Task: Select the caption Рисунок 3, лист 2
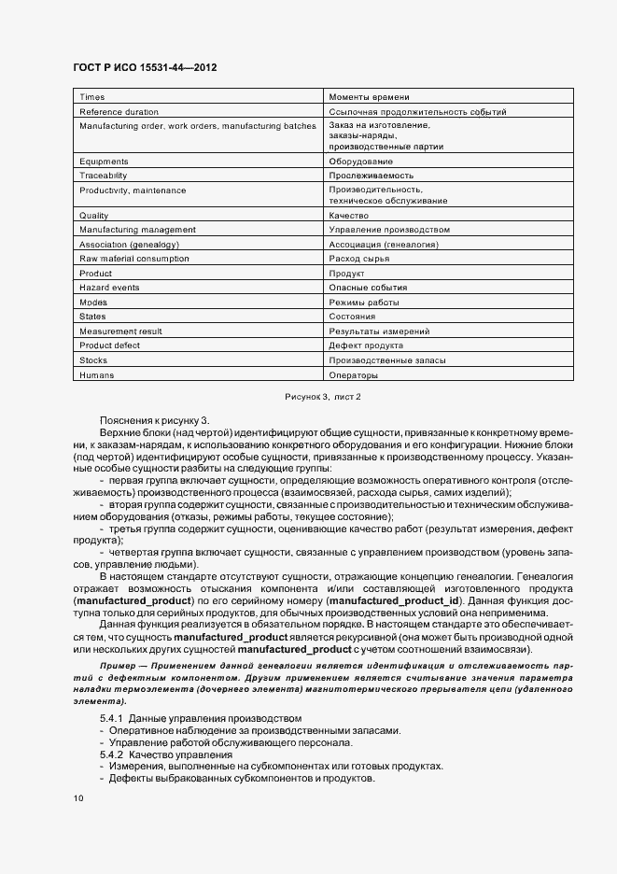[x=322, y=398]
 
